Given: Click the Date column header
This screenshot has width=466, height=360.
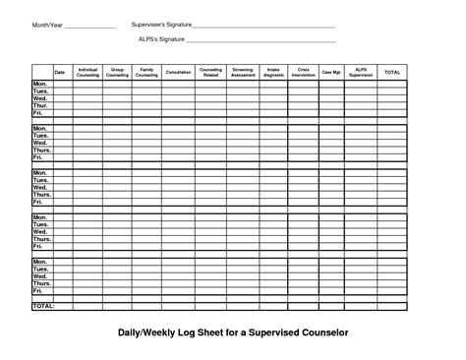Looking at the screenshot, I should coord(59,73).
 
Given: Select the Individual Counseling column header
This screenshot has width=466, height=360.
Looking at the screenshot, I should coord(87,73).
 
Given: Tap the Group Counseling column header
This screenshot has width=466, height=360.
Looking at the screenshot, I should coord(117,73).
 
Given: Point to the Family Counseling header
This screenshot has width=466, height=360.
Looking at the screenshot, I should coord(146,73).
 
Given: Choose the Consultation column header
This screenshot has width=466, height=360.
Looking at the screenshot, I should coord(179,73).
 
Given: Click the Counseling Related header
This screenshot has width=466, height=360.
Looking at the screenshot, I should coord(210,73).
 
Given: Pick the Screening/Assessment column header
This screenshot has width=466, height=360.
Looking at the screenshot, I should coord(243,73).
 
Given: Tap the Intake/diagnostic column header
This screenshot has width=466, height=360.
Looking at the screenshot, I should coord(273,73).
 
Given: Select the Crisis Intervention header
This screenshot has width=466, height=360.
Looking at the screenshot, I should coord(303,73).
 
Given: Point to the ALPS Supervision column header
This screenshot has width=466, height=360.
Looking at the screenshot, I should coord(361,73).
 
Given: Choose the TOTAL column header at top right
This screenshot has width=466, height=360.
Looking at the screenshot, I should coord(392,73).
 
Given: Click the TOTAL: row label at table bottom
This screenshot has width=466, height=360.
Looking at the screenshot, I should coord(43,306).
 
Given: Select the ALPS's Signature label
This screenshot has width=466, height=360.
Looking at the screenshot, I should coord(161,40).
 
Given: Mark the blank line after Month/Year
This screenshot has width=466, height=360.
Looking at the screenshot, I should coord(89,26).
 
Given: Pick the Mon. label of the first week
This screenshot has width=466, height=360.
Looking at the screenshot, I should coord(39,85).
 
